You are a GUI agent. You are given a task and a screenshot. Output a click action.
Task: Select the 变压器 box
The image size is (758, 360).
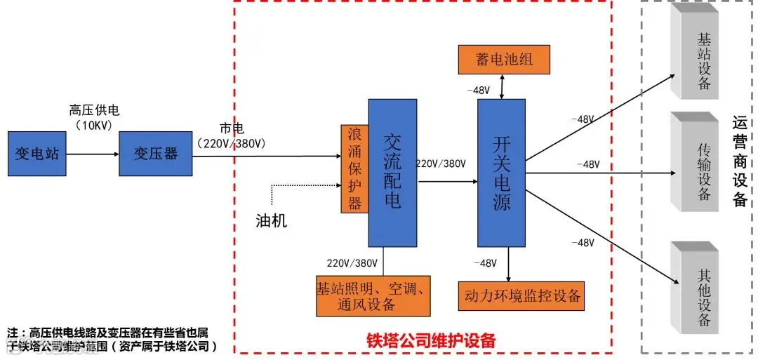[156, 152]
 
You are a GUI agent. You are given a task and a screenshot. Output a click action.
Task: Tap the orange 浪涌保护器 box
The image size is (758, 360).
[354, 168]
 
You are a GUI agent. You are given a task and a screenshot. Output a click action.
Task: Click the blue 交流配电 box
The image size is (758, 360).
[392, 172]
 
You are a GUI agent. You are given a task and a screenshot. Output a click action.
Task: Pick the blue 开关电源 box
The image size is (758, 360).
[501, 172]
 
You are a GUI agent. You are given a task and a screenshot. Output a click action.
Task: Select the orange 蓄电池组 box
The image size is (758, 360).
[504, 59]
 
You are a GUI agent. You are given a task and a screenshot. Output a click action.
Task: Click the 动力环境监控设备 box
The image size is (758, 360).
[521, 295]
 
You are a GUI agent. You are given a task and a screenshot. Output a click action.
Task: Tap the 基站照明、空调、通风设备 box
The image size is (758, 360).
[373, 295]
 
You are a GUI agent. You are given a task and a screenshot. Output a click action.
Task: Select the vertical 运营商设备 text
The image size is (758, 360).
[739, 161]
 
